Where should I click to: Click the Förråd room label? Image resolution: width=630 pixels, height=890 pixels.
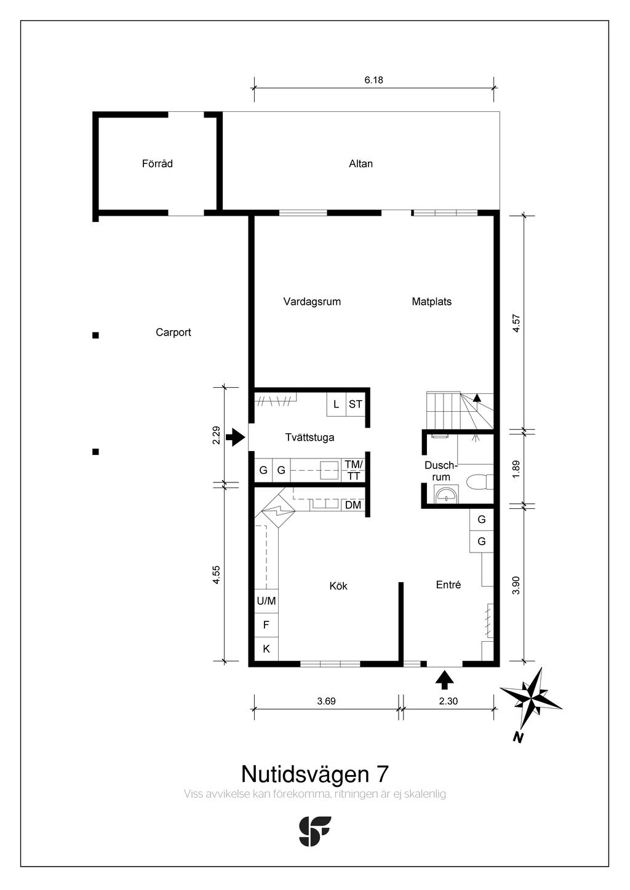[x=157, y=163]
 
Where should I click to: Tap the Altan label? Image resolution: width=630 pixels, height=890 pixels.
[x=361, y=163]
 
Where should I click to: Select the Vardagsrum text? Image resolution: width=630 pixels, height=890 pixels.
[x=312, y=302]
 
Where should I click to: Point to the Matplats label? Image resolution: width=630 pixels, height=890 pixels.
[x=431, y=302]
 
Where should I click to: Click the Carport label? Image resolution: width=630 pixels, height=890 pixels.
[x=173, y=333]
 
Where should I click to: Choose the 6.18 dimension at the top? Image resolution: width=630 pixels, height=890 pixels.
[x=373, y=80]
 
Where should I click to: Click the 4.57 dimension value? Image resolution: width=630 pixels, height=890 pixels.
[x=516, y=323]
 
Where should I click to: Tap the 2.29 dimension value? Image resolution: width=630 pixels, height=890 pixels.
[x=216, y=436]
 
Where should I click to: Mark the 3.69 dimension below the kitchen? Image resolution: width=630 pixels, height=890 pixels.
[x=326, y=701]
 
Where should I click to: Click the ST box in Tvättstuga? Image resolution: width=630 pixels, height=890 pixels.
[x=356, y=404]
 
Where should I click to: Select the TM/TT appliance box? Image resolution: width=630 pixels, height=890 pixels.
[x=354, y=470]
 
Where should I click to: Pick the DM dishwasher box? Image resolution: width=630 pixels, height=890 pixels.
[x=353, y=505]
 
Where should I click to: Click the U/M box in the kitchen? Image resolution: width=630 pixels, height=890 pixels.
[x=266, y=601]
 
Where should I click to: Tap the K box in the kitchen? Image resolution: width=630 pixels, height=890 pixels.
[x=266, y=648]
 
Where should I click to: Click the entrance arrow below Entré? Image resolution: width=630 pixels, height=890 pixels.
[x=444, y=679]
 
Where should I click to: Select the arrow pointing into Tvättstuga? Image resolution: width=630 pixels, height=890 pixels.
[x=235, y=438]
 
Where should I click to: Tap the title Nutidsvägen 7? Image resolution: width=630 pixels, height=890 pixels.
[x=314, y=773]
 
